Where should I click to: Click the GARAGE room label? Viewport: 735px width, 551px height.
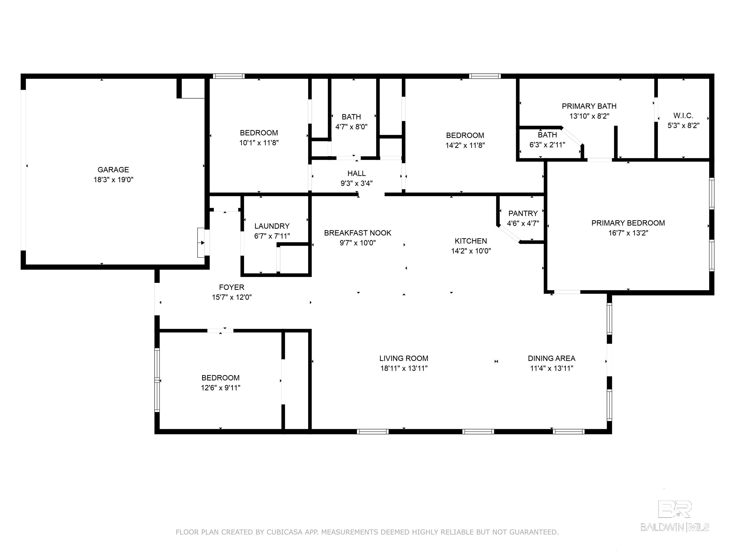[113, 170]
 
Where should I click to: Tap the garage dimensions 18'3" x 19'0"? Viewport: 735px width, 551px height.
[113, 180]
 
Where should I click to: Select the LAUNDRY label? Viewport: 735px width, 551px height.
[272, 226]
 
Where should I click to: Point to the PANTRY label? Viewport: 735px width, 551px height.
[523, 213]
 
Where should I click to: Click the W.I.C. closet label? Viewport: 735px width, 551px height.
[683, 116]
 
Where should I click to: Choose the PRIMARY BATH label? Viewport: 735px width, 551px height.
[589, 106]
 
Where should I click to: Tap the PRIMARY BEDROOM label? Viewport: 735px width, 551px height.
[628, 223]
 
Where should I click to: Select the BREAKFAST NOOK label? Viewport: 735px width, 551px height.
[357, 233]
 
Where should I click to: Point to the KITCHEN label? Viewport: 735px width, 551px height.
[471, 241]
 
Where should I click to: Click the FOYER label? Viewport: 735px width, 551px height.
[232, 287]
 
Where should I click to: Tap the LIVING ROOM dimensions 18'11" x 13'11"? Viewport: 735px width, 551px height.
[404, 368]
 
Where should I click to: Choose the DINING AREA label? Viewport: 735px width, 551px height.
[551, 358]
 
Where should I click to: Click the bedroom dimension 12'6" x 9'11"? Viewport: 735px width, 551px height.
[221, 388]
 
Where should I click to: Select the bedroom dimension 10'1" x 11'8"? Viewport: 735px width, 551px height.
[259, 143]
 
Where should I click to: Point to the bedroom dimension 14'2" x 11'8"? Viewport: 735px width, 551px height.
[465, 145]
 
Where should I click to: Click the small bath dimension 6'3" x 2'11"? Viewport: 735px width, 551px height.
[547, 145]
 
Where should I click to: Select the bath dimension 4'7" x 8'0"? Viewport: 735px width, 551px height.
[351, 127]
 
